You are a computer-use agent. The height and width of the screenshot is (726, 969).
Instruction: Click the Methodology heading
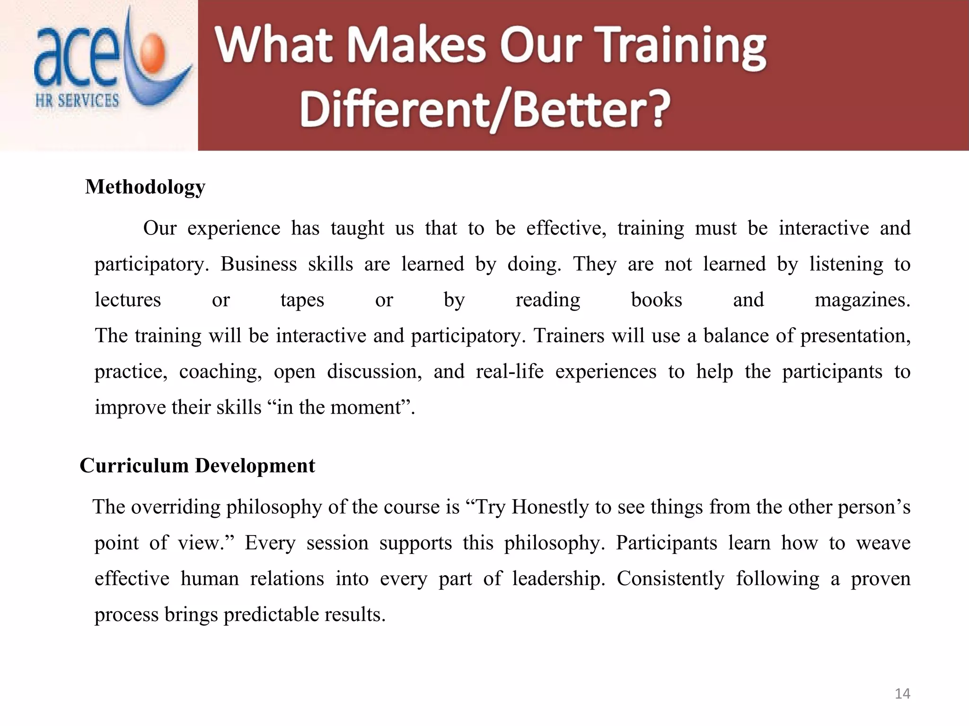click(x=145, y=187)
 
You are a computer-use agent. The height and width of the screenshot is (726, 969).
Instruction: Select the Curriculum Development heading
click(x=197, y=466)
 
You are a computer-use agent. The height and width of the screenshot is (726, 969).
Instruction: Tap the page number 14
click(x=902, y=694)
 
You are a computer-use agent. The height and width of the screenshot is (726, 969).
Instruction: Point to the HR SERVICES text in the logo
click(x=77, y=101)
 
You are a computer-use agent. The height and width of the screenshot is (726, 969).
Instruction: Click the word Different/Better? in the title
click(x=484, y=110)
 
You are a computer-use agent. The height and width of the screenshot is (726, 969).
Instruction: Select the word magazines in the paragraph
click(x=862, y=300)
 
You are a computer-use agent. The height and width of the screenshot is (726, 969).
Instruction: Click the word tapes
click(x=302, y=300)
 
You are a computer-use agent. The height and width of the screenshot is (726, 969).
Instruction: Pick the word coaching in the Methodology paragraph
click(x=220, y=372)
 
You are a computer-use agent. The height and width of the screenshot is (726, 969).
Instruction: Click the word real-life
click(x=510, y=372)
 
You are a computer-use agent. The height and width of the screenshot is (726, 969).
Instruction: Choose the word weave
click(x=883, y=543)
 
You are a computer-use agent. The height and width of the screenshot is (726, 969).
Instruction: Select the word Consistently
click(x=670, y=579)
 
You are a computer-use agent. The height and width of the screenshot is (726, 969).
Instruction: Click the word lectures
click(x=128, y=300)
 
